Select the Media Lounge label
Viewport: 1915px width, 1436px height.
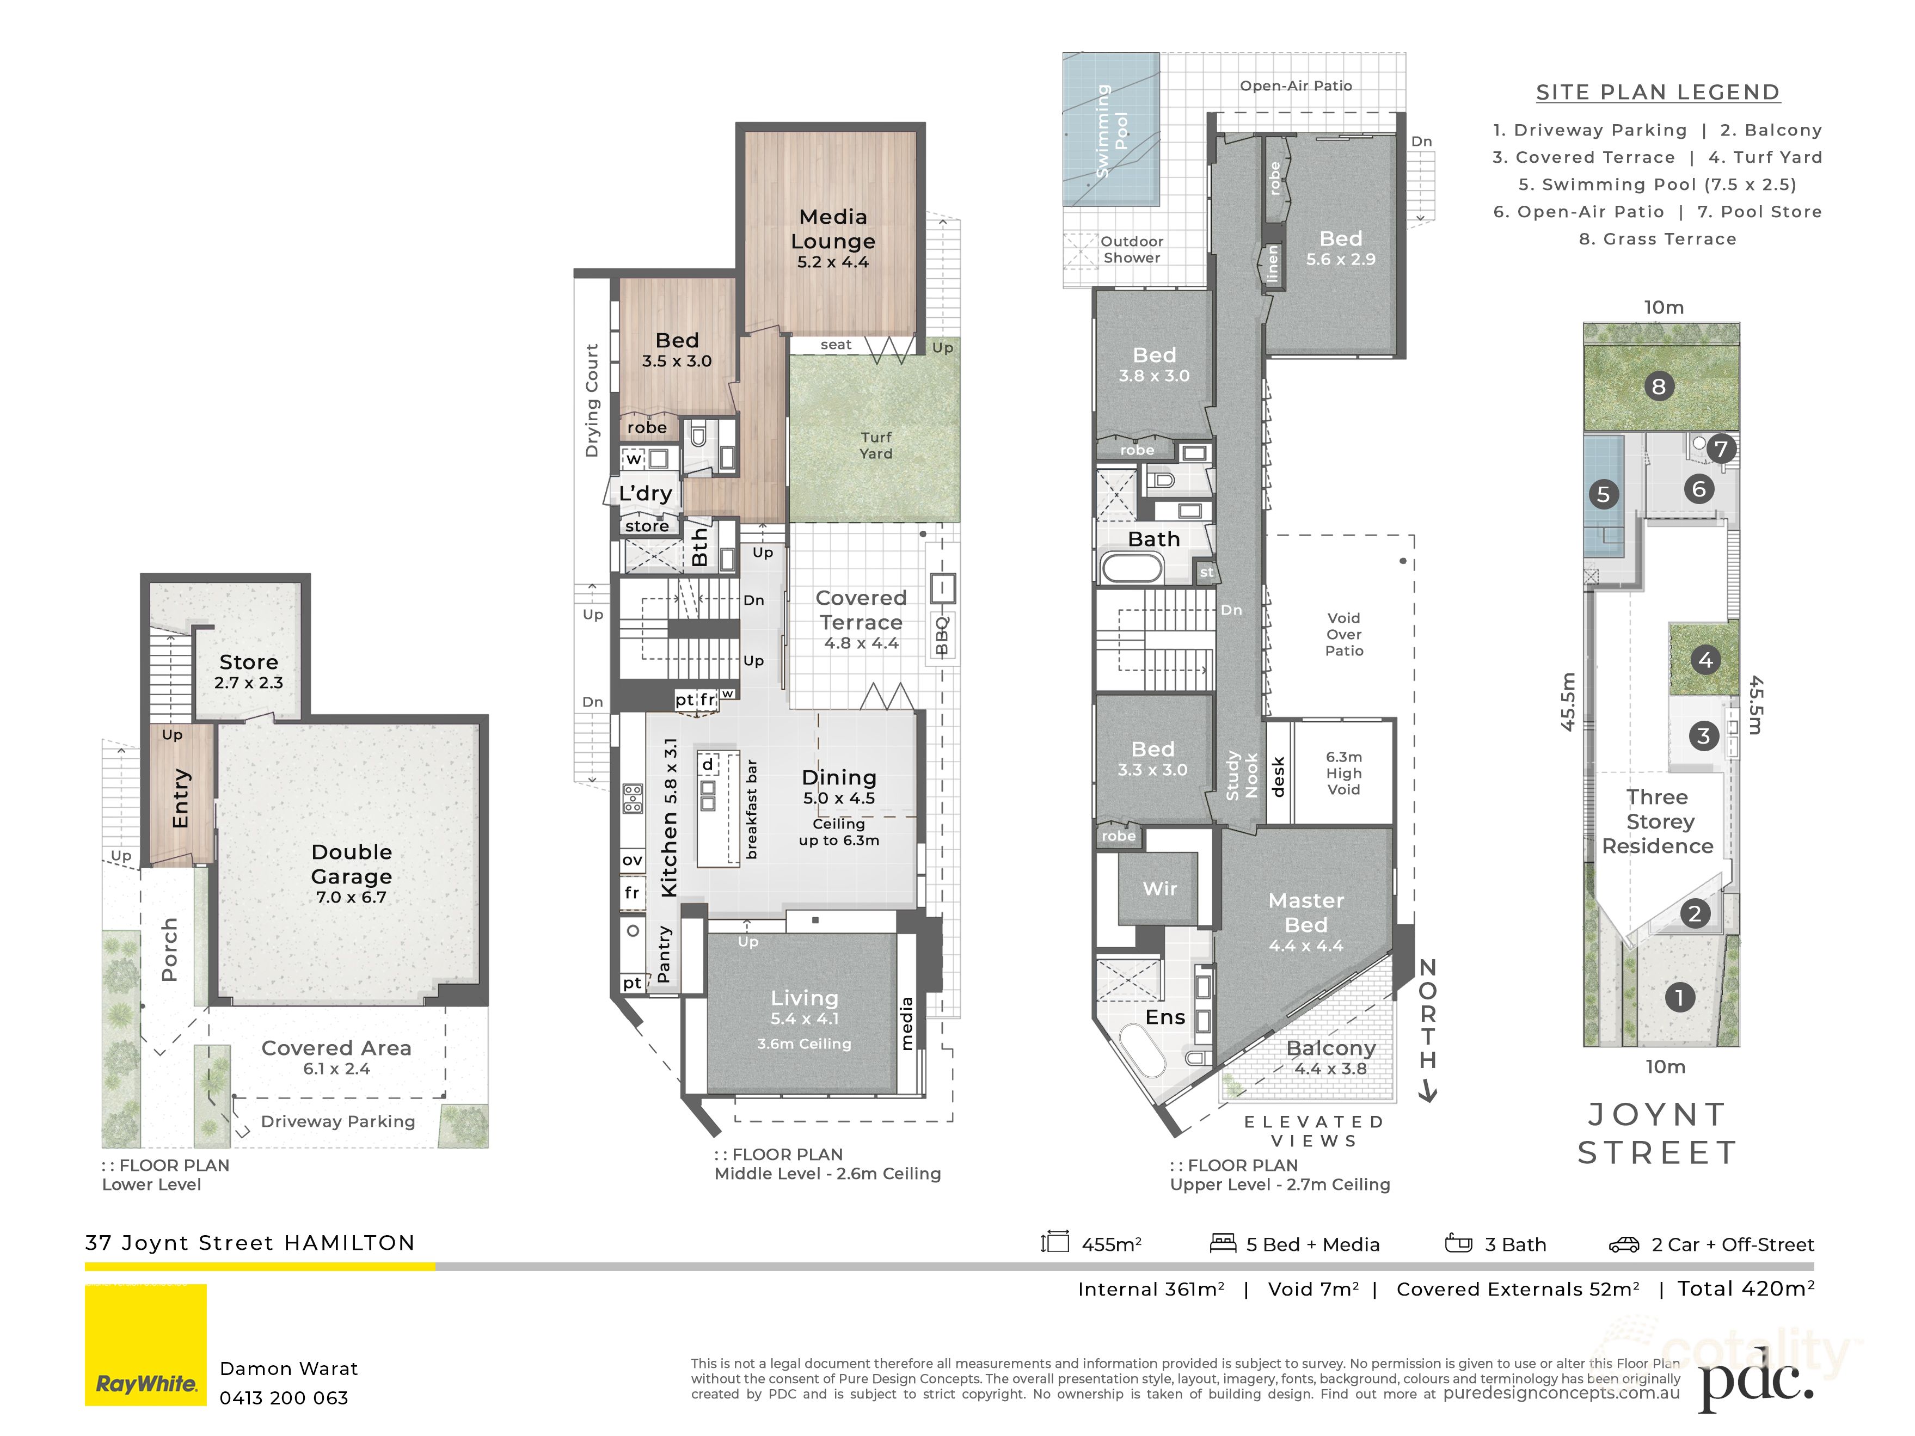pos(833,238)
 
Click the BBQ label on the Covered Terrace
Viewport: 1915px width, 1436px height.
pos(942,635)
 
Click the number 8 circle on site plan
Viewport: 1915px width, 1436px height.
pos(1658,387)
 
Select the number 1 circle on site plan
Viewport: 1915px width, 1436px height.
pos(1679,997)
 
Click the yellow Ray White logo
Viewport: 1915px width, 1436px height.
pos(145,1345)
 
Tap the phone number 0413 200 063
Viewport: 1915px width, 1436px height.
pos(284,1398)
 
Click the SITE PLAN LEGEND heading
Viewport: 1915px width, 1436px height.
pos(1657,93)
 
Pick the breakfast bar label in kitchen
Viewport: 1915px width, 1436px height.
pos(751,809)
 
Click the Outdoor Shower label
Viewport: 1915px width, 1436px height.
pos(1132,249)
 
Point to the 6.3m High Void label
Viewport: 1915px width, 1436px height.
pos(1343,773)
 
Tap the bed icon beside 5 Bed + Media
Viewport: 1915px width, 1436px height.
pos(1223,1244)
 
